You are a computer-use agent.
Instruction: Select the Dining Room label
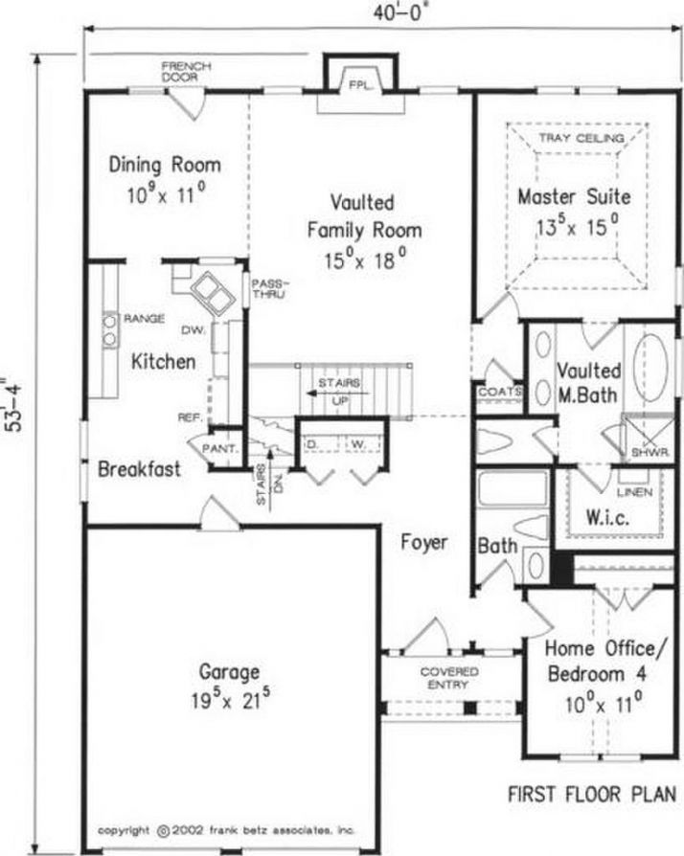165,165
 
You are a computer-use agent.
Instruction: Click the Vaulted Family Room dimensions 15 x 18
365,259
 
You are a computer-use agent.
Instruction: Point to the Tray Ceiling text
581,138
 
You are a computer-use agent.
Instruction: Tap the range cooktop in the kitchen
110,331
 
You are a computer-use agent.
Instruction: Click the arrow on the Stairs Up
337,393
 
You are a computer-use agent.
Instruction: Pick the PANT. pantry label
220,449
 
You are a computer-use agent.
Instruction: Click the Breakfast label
139,469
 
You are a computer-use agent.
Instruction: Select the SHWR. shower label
650,452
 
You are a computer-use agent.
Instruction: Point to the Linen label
635,492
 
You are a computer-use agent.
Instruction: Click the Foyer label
424,542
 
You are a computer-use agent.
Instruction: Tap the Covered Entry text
449,678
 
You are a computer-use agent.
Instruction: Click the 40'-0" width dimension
399,12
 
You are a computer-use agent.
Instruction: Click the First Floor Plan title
592,794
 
